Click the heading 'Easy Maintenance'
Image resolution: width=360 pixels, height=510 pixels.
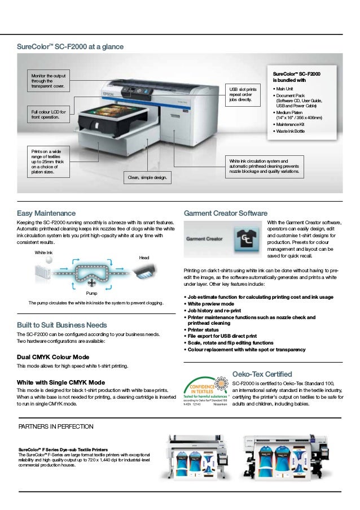[x=46, y=213]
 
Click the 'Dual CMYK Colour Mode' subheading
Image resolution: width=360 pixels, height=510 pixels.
[x=54, y=357]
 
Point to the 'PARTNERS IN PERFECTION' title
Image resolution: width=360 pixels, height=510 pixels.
[x=56, y=425]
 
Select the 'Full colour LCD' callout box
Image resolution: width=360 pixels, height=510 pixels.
[x=49, y=115]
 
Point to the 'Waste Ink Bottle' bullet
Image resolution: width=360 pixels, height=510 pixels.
[x=291, y=131]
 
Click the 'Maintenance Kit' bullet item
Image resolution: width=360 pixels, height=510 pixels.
[x=292, y=124]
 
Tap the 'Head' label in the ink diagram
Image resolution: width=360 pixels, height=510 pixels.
[x=144, y=258]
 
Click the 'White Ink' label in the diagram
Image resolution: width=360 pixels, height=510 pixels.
[x=43, y=252]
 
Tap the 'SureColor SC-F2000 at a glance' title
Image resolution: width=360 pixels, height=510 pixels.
[x=71, y=46]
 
